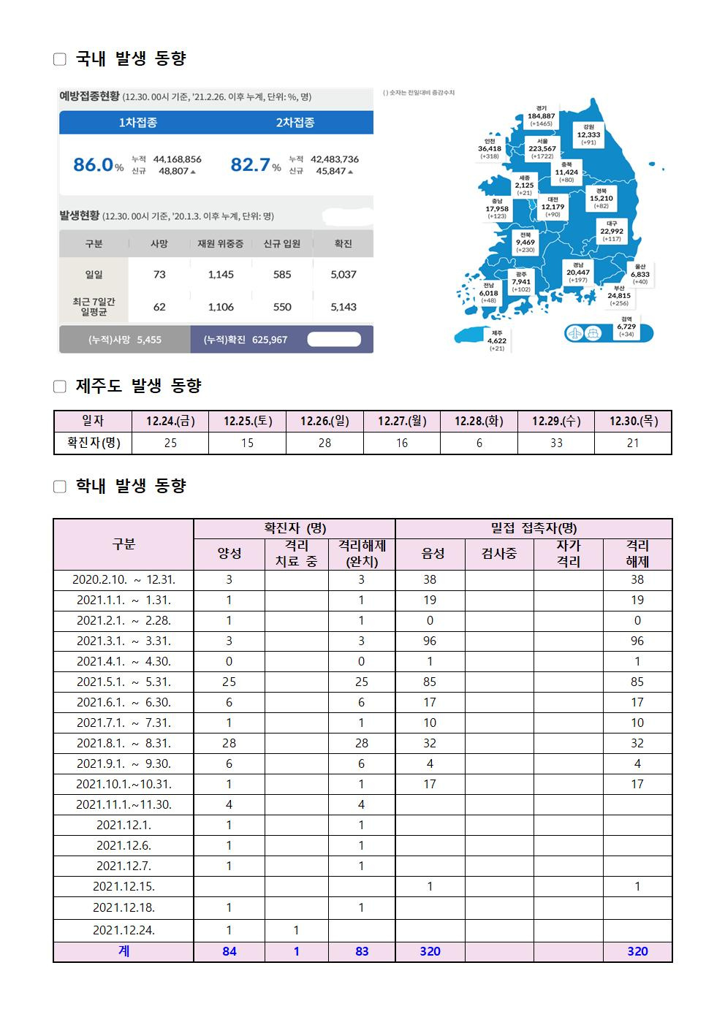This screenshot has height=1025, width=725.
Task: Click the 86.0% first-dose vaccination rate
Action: (98, 164)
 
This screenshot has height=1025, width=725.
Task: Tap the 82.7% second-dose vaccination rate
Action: (255, 164)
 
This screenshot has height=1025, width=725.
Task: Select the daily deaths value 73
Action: (159, 275)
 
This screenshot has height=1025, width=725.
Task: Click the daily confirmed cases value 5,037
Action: (343, 275)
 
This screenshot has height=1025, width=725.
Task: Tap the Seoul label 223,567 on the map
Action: (542, 148)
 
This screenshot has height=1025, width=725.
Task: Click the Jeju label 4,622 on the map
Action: (497, 340)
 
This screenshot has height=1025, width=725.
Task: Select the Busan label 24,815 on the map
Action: (619, 296)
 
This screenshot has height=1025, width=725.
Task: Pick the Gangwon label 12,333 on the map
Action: (588, 134)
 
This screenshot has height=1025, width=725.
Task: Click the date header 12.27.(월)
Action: (402, 421)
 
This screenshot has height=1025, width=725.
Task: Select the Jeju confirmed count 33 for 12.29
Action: (556, 443)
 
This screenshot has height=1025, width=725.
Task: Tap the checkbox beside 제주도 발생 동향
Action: (60, 386)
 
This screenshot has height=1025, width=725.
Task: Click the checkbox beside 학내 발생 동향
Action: (60, 487)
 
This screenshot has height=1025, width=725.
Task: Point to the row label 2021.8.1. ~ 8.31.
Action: (124, 743)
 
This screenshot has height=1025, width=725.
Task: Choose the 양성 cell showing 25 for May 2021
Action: (229, 682)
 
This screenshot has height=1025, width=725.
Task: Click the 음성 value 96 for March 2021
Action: (430, 641)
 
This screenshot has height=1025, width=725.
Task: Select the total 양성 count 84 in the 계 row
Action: (229, 951)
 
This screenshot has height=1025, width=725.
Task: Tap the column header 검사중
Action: (499, 554)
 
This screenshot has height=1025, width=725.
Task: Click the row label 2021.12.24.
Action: (124, 930)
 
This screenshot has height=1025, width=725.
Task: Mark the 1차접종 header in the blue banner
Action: (137, 122)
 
